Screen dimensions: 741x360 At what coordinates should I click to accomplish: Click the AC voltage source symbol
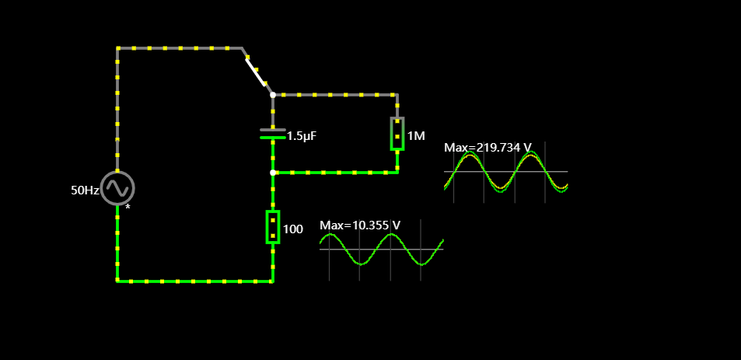[x=117, y=187]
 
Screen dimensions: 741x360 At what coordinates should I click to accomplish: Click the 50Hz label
[x=85, y=190]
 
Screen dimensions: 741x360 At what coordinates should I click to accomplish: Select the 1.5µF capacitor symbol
[x=273, y=134]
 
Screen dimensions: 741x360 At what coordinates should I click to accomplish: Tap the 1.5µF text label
[x=302, y=136]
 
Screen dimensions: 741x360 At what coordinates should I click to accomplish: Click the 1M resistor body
[x=397, y=134]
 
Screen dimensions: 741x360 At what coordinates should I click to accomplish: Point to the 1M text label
[x=416, y=136]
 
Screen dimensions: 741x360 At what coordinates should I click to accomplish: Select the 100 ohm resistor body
[x=273, y=226]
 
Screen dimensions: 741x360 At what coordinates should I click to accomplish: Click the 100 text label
[x=292, y=229]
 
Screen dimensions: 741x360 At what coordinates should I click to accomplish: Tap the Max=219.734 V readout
[x=488, y=147]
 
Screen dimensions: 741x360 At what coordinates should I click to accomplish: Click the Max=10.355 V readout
[x=360, y=225]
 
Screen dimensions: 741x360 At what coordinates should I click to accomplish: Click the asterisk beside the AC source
[x=128, y=208]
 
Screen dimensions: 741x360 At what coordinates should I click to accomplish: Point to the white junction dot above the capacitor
[x=273, y=95]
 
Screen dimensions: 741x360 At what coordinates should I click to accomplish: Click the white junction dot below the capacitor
[x=273, y=173]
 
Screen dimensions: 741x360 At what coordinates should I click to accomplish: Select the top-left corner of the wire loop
[x=118, y=48]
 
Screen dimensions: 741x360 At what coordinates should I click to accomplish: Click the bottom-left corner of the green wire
[x=118, y=281]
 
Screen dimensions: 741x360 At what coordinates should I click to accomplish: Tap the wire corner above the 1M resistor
[x=397, y=95]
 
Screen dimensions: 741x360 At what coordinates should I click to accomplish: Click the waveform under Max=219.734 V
[x=505, y=173]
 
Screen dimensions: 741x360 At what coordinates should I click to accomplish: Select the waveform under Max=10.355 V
[x=381, y=250]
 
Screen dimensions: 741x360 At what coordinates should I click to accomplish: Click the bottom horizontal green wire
[x=194, y=281]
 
